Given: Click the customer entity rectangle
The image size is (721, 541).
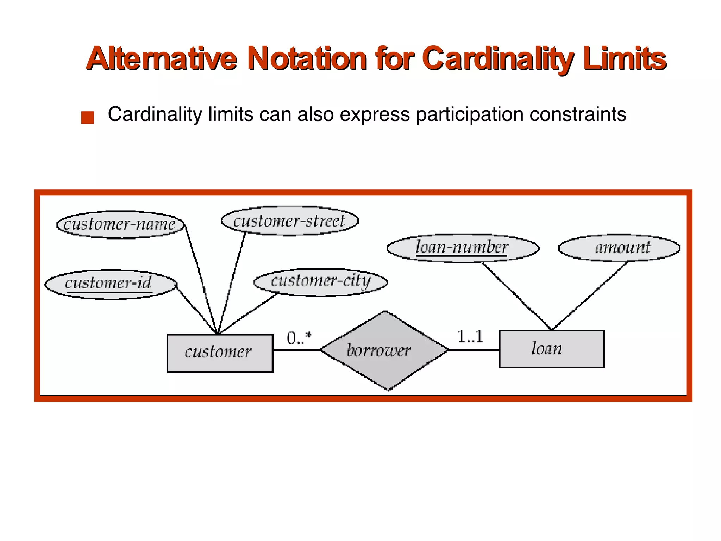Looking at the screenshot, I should coord(220,353).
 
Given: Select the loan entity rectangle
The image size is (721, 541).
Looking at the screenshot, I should coord(551,349).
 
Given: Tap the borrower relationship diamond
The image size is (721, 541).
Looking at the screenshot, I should coord(384,350).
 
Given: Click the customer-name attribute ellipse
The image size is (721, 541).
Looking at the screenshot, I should coord(120,225).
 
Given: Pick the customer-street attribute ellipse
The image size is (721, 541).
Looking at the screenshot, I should coord(290,221).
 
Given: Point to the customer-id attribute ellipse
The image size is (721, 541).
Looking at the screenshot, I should coord(110,284).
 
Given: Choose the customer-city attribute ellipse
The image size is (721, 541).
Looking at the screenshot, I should coord(320,282).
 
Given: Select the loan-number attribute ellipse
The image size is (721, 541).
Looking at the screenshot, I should coord(463,248).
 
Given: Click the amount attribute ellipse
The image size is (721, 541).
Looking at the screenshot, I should coord(619,248).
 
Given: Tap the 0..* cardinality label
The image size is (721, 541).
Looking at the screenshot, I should coord(299,338).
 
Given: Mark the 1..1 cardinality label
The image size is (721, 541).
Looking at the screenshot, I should coord(470,336).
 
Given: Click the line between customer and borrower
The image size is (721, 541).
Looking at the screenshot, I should coord(296,350).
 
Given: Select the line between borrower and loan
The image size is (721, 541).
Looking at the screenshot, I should coord(474,350).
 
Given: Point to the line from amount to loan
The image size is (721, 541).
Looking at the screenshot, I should coord(590,296).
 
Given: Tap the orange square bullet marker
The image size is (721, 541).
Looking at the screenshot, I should coord(87,117).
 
